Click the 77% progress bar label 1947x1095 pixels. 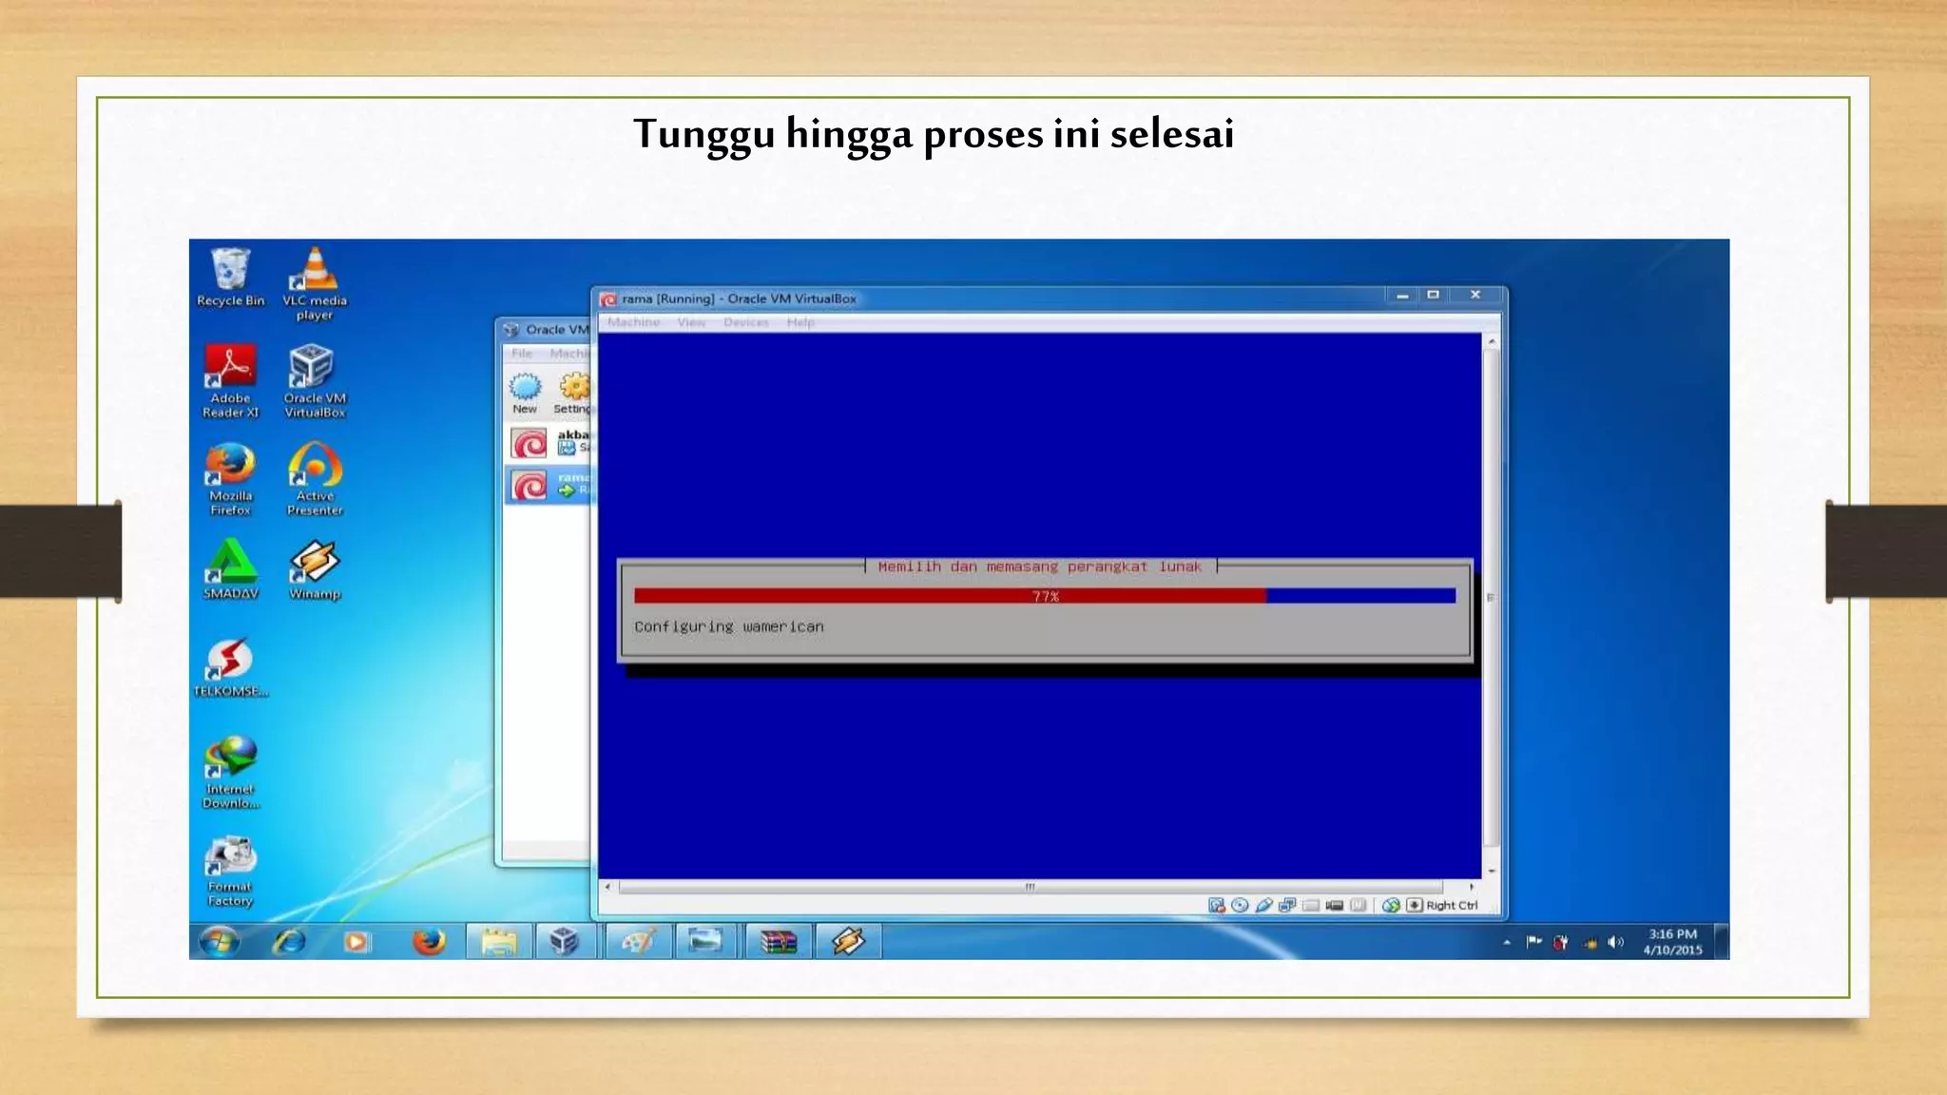pyautogui.click(x=1045, y=596)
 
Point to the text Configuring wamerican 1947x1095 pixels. pyautogui.click(x=729, y=626)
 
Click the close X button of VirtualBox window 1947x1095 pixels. pyautogui.click(x=1475, y=295)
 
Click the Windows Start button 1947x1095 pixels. pyautogui.click(x=220, y=942)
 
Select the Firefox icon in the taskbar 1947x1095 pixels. pyautogui.click(x=429, y=942)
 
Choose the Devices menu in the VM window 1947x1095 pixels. pyautogui.click(x=745, y=322)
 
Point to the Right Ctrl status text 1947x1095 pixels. pyautogui.click(x=1451, y=905)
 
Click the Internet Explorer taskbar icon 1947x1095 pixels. pyautogui.click(x=289, y=942)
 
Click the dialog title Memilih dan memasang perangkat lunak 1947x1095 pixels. pyautogui.click(x=1039, y=567)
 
